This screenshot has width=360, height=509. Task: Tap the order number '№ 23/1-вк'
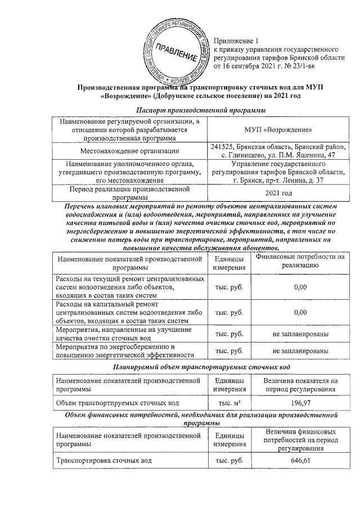point(294,66)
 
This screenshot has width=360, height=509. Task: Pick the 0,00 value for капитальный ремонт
point(300,312)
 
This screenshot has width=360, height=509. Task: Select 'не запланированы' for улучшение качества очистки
point(300,334)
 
